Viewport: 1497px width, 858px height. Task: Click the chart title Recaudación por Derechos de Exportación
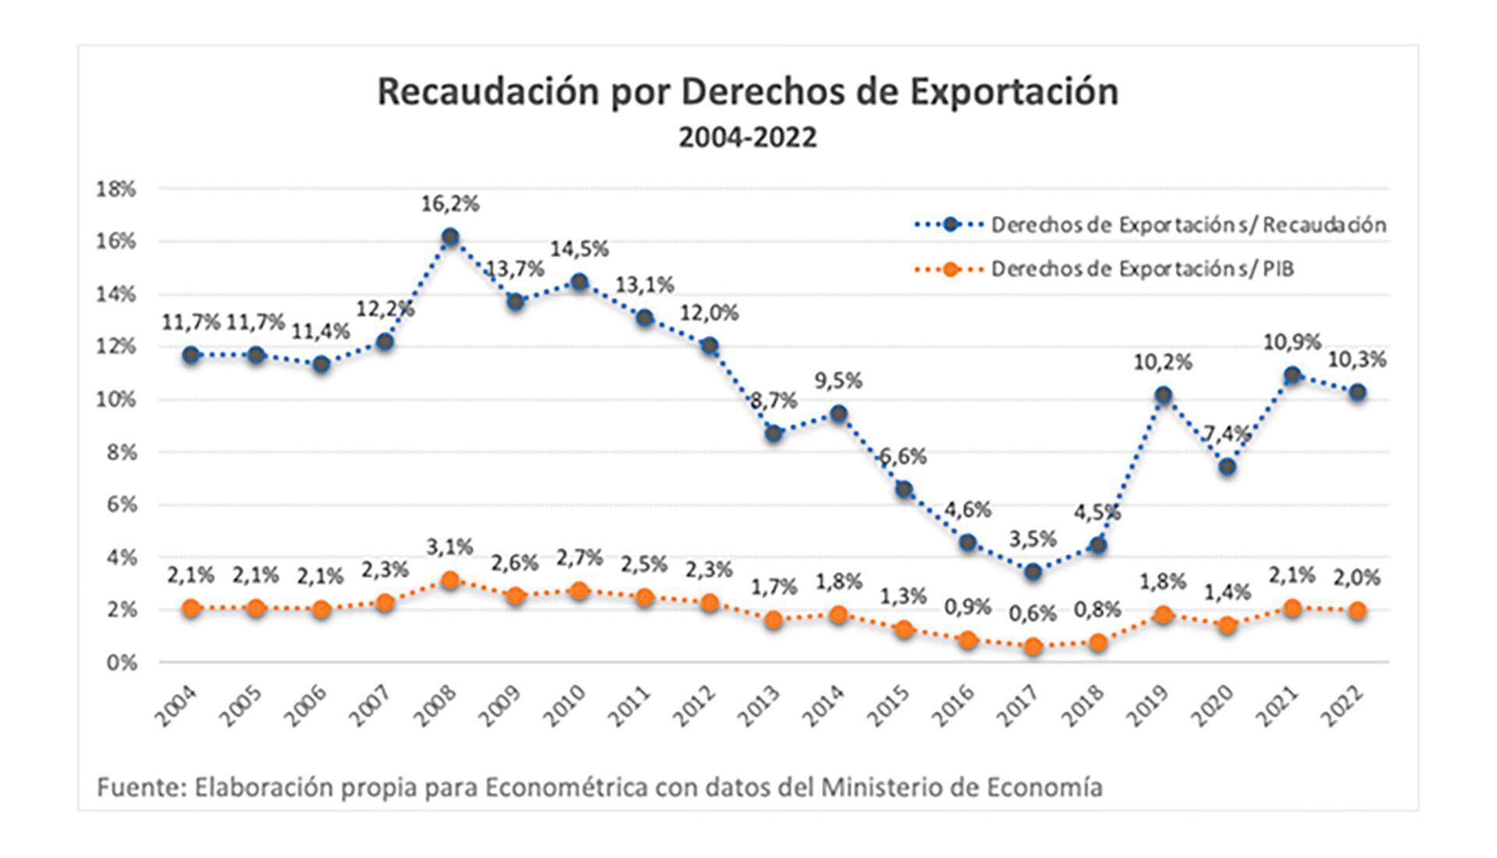(748, 92)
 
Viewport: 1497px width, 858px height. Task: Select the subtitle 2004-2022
(748, 137)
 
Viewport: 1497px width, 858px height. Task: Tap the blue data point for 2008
(450, 236)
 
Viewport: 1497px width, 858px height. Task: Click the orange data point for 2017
(1034, 647)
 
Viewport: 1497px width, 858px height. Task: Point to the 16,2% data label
(450, 204)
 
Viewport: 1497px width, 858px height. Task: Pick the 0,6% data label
(1033, 614)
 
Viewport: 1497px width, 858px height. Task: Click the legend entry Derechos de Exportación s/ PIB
(1142, 269)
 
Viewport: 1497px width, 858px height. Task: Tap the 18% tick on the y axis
(115, 189)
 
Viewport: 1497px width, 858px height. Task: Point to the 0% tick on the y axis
(121, 663)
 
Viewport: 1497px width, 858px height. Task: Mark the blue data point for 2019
(1163, 395)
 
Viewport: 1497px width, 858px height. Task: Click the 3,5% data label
(1033, 539)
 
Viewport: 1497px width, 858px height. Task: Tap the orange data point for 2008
(450, 580)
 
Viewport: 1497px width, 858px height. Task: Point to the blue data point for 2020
(1228, 467)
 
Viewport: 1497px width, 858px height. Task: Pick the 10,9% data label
(1293, 342)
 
